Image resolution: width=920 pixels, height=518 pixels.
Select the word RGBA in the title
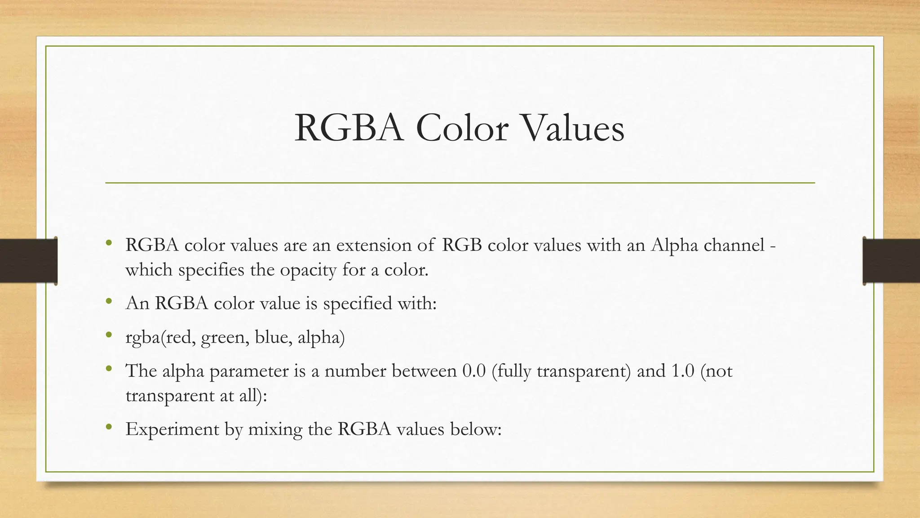(349, 128)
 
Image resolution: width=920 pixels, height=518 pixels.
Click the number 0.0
(474, 371)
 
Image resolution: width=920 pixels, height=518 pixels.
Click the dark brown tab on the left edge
(28, 261)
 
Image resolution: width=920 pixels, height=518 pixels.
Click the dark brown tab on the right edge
(891, 261)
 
